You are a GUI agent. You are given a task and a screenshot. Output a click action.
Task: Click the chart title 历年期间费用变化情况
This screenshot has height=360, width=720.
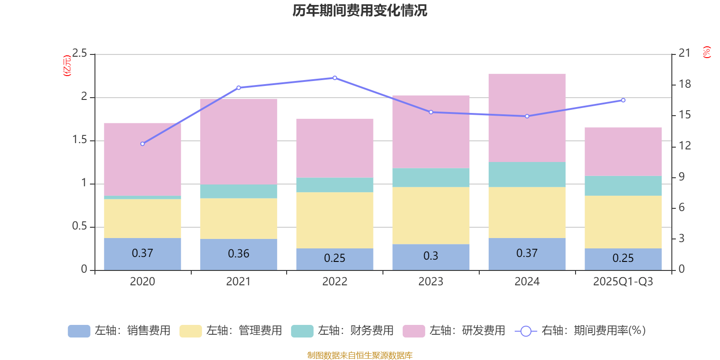click(360, 11)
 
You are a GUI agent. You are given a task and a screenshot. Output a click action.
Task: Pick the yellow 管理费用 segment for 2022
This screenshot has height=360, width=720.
click(334, 220)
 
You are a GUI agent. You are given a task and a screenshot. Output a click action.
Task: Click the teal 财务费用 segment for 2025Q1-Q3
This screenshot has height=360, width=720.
click(623, 185)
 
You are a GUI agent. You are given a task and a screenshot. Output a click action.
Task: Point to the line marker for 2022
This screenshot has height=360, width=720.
click(334, 78)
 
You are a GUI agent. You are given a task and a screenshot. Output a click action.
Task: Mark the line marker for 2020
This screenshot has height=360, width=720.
click(143, 144)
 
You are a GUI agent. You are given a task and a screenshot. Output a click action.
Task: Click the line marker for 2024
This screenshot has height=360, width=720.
click(527, 116)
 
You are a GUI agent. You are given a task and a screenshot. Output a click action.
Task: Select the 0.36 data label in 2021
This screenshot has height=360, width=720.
click(238, 254)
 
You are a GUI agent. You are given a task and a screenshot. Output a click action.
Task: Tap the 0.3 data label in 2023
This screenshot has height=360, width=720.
click(431, 256)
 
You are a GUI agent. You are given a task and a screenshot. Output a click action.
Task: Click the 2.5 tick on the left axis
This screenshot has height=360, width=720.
click(80, 54)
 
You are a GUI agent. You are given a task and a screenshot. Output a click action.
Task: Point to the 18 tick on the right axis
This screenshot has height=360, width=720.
click(684, 84)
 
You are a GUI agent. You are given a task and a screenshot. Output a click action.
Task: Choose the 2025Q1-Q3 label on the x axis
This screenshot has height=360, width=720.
click(623, 282)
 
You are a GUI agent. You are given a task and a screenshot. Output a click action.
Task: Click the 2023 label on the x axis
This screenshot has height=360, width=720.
click(431, 282)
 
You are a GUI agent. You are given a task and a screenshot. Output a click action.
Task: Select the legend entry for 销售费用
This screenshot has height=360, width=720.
click(120, 331)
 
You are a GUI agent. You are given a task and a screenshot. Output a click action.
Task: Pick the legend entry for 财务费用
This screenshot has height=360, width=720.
click(342, 331)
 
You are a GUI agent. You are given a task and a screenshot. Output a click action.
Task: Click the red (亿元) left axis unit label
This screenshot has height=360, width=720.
click(67, 66)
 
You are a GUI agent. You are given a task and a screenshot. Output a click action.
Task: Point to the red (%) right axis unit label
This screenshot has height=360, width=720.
click(706, 52)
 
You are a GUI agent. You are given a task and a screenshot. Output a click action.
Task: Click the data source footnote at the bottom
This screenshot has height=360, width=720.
click(360, 355)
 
